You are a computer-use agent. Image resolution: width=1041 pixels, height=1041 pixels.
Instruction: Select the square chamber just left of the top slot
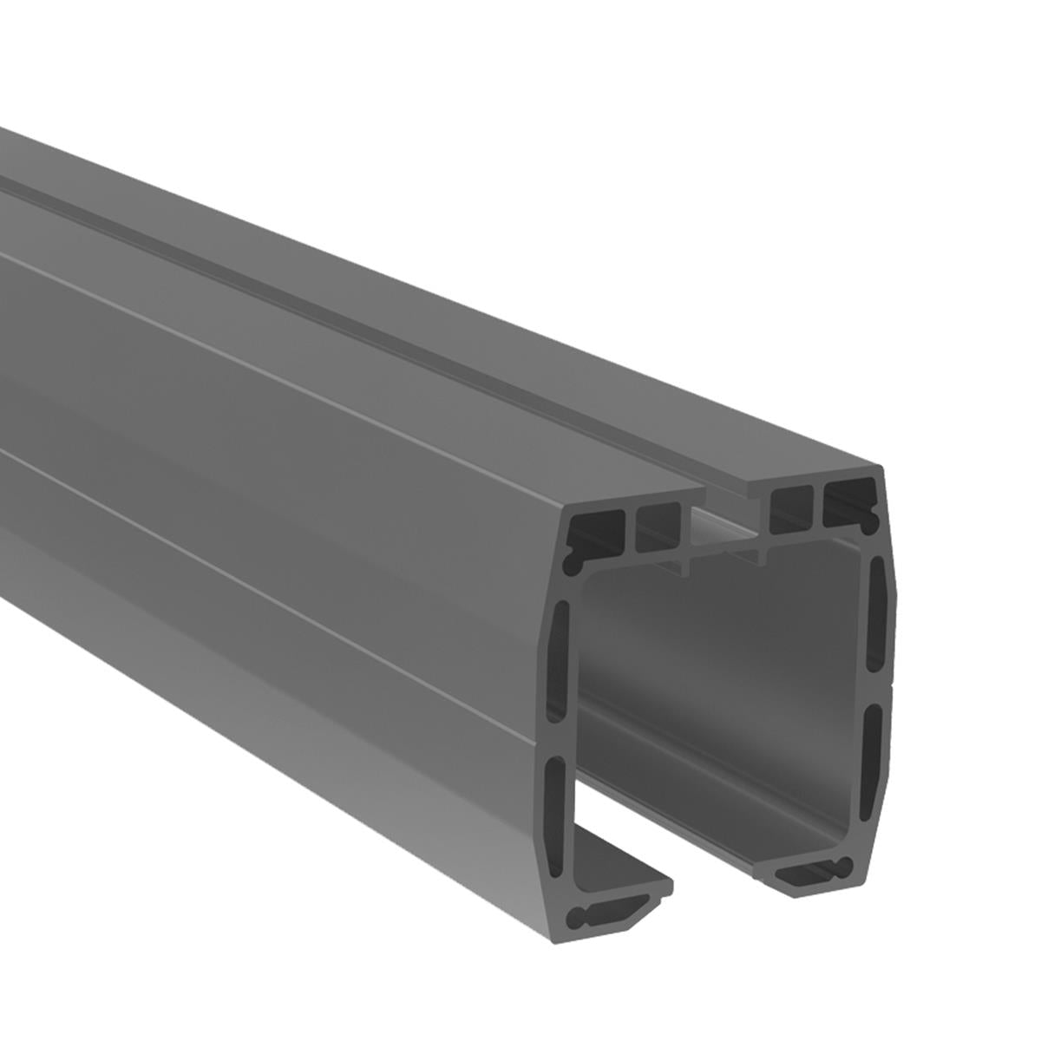(x=658, y=528)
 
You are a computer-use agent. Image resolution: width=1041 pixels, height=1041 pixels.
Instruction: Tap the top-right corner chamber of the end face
(x=848, y=501)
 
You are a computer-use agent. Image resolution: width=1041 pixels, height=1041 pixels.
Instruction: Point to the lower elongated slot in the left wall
(x=557, y=798)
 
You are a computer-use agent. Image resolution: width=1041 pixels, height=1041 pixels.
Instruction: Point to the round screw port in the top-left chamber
(x=573, y=563)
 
